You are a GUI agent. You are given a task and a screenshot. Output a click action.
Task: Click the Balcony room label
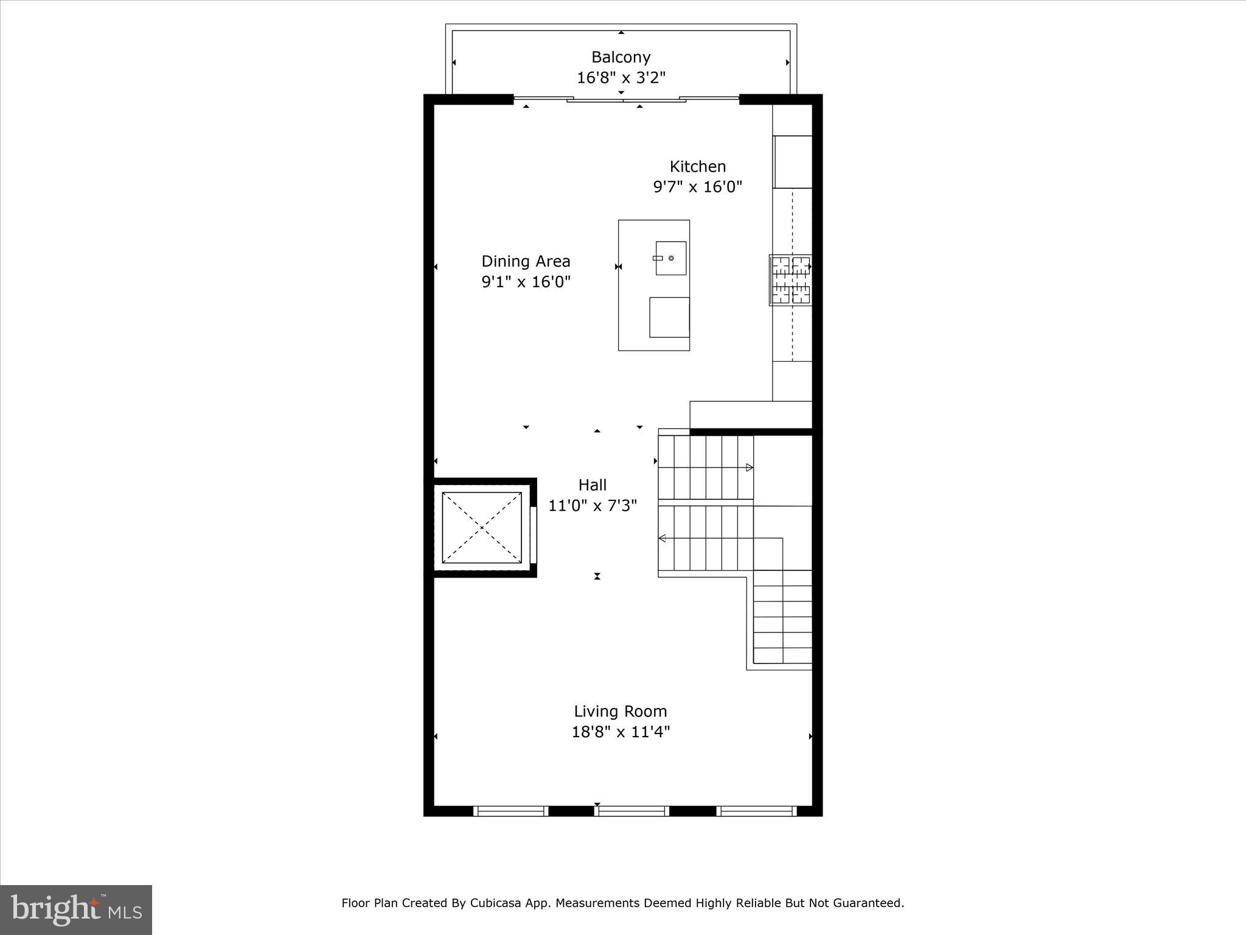click(x=621, y=57)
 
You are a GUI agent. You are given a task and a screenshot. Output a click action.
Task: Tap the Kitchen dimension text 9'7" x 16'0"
click(x=698, y=187)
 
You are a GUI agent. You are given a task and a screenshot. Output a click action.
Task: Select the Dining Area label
click(x=526, y=261)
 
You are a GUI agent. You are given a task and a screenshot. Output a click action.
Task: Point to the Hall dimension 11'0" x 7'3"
click(x=592, y=506)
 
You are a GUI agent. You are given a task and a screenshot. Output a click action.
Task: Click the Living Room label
click(x=620, y=711)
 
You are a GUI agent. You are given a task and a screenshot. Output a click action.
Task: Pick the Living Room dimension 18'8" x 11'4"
click(x=620, y=732)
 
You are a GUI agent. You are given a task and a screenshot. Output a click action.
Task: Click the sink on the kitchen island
click(x=670, y=258)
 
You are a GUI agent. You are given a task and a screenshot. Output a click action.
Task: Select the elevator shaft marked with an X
click(x=481, y=527)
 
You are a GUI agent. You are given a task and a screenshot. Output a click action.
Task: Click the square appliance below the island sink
click(x=669, y=317)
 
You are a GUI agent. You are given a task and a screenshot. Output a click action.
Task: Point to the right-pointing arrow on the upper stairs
click(x=750, y=467)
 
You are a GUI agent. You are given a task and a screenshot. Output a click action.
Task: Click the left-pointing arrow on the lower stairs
click(x=662, y=538)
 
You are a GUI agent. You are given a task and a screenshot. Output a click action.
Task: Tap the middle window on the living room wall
click(x=632, y=810)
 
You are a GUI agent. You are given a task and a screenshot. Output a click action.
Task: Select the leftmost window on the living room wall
click(x=510, y=810)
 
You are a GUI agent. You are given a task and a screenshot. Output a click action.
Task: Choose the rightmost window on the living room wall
click(x=756, y=810)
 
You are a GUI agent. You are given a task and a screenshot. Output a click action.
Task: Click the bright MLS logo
click(x=76, y=909)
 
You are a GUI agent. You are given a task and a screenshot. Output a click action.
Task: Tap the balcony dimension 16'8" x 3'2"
click(x=621, y=78)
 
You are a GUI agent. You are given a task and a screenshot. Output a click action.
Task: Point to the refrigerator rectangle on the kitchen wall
click(x=793, y=162)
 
